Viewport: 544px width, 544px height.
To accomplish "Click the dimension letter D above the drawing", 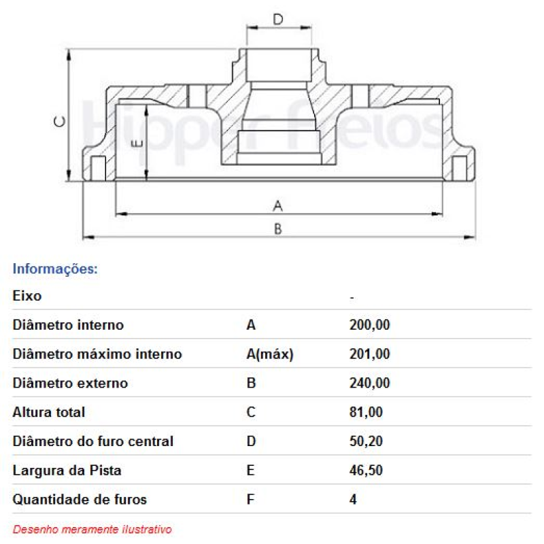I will (278, 19).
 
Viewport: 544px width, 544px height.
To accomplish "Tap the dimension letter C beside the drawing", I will (60, 122).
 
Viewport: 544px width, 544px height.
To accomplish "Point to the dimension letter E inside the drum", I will (137, 143).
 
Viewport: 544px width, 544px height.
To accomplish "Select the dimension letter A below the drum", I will (277, 205).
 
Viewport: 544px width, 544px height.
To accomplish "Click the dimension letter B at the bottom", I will (277, 229).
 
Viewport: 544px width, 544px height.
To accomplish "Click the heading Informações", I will (56, 269).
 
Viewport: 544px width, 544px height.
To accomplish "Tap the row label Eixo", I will (27, 296).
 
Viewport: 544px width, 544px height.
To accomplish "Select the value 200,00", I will (369, 325).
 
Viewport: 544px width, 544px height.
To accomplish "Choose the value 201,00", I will (369, 354).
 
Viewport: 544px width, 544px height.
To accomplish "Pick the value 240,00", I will (369, 384).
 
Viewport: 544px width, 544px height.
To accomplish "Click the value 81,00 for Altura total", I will (366, 412).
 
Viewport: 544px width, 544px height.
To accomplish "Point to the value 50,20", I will (366, 441).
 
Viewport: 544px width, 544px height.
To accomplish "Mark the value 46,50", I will (366, 471).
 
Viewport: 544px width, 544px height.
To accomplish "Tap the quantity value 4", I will (353, 500).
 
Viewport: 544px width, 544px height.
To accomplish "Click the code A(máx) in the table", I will (269, 354).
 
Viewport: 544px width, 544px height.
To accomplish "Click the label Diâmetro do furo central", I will (93, 441).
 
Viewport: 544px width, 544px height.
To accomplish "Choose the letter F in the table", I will (250, 500).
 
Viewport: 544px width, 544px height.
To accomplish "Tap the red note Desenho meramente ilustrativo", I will (92, 529).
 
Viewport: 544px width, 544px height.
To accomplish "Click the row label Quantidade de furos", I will (80, 500).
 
